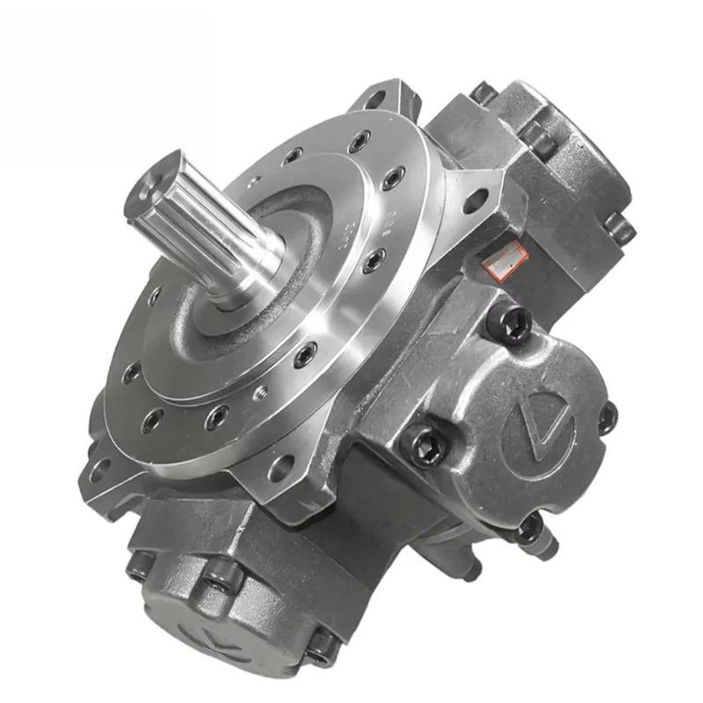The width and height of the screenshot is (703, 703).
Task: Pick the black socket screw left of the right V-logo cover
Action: [x=423, y=439]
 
